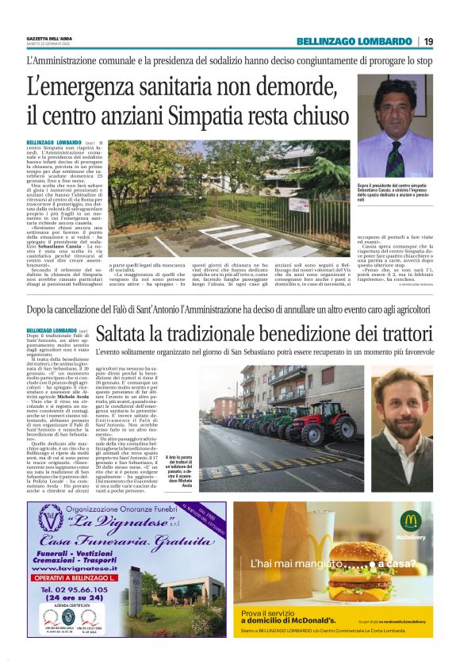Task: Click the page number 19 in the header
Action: click(x=428, y=42)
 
